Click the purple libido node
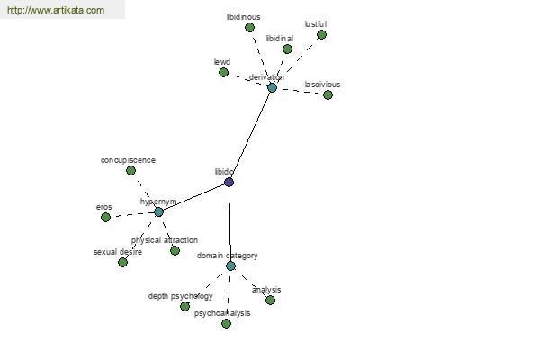point(229,182)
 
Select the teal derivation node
point(272,88)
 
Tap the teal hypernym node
point(158,211)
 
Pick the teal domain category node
point(230,266)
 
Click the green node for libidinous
point(249,27)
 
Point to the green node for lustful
point(321,34)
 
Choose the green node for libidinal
point(287,49)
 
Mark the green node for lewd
point(223,72)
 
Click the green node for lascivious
point(328,94)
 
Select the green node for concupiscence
point(130,170)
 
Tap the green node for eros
point(105,218)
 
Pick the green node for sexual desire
point(122,263)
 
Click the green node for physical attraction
point(175,250)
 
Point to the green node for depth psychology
point(184,306)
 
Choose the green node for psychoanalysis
point(226,323)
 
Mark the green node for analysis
point(270,300)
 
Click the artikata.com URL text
point(56,10)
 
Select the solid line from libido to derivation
point(251,135)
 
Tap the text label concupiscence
point(128,160)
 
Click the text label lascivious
point(322,85)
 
